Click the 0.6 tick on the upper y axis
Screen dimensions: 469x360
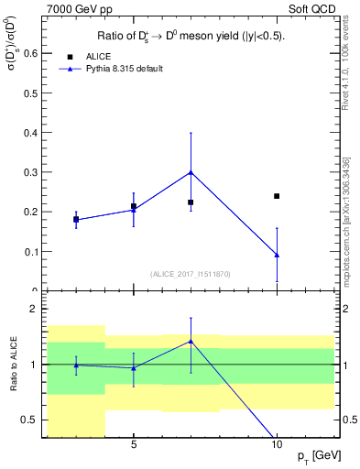[x=31, y=53]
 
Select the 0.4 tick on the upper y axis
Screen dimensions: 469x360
[x=31, y=133]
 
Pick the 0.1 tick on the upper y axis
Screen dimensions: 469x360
[x=31, y=252]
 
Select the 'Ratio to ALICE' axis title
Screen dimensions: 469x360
[x=12, y=365]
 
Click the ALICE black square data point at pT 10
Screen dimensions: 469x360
[x=277, y=196]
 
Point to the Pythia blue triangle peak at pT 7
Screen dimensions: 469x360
[x=191, y=172]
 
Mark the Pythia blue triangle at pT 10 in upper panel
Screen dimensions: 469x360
[x=277, y=255]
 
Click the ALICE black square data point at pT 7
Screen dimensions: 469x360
[x=191, y=202]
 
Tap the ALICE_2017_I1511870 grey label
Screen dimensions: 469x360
[x=191, y=274]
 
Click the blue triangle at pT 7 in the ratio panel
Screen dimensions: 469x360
[x=191, y=341]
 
